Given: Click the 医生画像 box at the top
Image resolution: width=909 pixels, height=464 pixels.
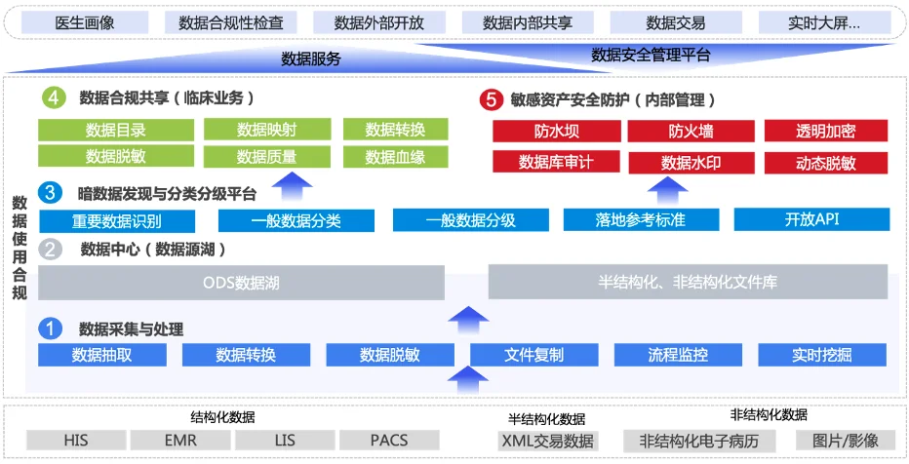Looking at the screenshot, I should pos(83,22).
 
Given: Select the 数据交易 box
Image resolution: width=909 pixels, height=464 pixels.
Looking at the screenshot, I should pos(674,22).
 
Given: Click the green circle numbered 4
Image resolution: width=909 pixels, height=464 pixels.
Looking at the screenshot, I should pos(55,97).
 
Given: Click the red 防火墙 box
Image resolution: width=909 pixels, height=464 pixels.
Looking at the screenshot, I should pos(691,131).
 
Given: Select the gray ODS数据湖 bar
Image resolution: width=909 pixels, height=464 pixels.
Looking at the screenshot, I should pos(241,284).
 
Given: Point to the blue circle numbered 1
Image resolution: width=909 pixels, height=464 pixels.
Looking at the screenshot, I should pos(51,328).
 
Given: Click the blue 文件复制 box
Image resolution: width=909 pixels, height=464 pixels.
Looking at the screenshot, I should pos(534,355).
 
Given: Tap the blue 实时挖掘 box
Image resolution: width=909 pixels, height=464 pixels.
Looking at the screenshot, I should pos(821,355).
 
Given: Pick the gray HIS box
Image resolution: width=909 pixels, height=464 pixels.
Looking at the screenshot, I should pos(76,441).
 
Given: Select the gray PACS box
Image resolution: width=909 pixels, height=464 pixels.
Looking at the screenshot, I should pos(389,441).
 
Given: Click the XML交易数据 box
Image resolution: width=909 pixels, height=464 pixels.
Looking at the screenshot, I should pos(547,441).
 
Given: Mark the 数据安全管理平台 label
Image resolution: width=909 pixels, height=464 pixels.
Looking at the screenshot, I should pos(651,56).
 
